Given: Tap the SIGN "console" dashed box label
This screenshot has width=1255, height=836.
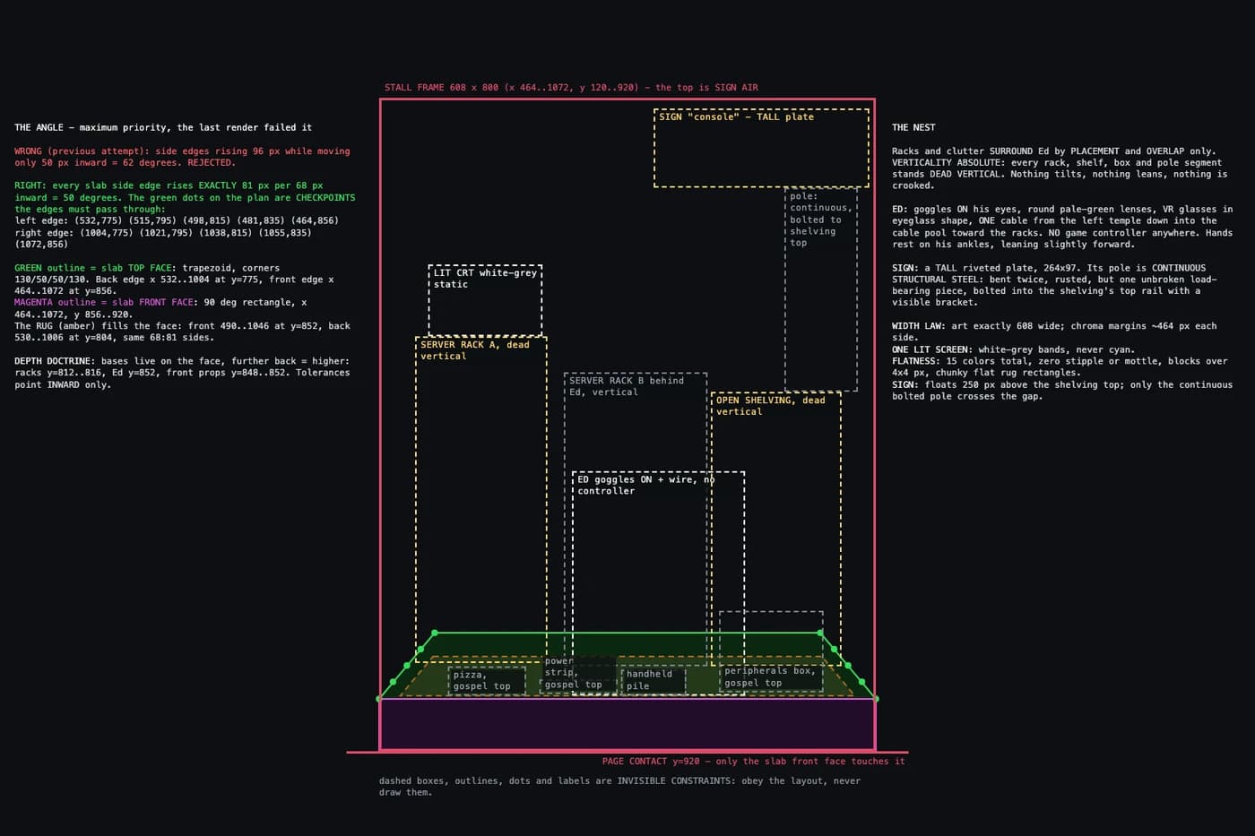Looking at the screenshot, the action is coord(736,116).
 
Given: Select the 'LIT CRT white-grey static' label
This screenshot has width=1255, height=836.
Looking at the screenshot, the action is coord(485,279).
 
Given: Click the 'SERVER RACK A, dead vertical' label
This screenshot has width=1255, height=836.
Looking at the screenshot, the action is coord(475,350).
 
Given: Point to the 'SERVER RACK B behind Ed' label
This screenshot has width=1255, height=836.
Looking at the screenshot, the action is coord(627,386).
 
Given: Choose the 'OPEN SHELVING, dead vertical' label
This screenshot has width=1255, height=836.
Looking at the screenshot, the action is coord(770,405).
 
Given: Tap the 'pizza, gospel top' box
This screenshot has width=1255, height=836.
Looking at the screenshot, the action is coord(487,680).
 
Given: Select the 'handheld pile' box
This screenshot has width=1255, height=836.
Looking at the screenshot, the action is coord(653,680).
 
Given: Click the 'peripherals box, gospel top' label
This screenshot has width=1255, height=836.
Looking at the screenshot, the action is coord(770,677).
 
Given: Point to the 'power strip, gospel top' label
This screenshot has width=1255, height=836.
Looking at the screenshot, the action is coord(573,673).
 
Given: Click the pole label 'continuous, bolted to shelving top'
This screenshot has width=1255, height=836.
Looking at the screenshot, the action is coord(821,219).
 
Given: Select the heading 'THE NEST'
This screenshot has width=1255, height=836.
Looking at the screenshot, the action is coord(913,127).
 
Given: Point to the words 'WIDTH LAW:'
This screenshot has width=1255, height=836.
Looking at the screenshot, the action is coord(919,325).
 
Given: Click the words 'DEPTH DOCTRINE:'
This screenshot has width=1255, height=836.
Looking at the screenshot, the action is coord(55,360).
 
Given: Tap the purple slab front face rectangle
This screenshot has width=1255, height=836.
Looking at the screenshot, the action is coord(627,724).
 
